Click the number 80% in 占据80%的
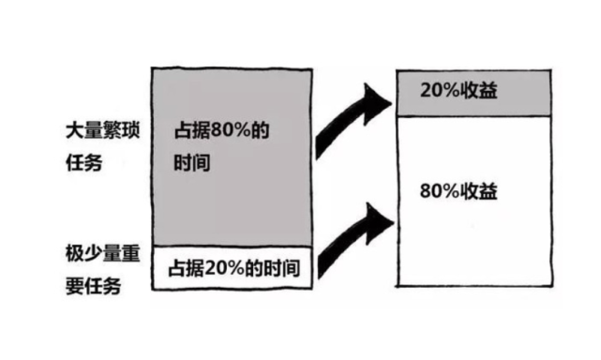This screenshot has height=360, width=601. click(x=230, y=131)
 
